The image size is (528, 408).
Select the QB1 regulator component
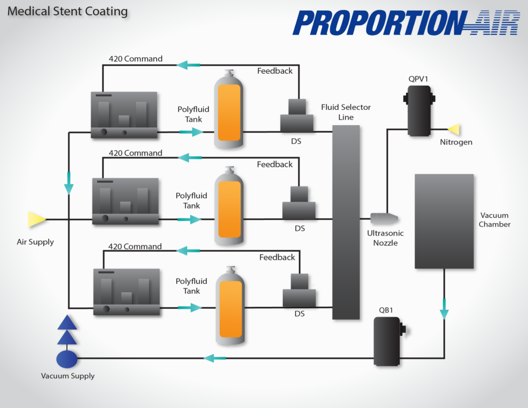click(388, 341)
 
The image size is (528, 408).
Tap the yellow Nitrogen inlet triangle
click(454, 129)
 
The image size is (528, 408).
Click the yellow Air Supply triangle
click(37, 219)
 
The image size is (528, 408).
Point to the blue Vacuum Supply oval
click(67, 358)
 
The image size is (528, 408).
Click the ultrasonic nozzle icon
click(384, 218)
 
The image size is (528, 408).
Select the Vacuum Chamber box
click(444, 221)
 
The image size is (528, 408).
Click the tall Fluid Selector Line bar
click(346, 222)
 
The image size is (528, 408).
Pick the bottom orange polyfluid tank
click(231, 306)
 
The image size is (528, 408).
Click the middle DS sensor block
click(299, 204)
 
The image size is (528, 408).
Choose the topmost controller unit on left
click(124, 115)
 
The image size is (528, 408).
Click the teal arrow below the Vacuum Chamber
click(444, 312)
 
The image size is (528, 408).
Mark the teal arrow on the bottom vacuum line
click(215, 358)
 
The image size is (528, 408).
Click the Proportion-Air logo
click(405, 23)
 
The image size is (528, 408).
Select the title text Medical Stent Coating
click(68, 11)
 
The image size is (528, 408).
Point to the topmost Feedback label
click(275, 71)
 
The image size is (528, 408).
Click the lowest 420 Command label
click(135, 246)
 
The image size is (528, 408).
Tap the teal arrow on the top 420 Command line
click(189, 65)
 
